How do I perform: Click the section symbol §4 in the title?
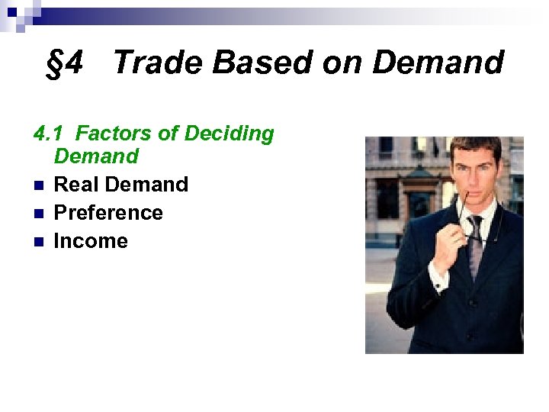(64, 63)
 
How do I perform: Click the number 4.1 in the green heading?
(49, 134)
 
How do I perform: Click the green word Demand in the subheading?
(96, 157)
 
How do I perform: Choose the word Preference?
(108, 213)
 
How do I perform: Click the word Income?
(91, 241)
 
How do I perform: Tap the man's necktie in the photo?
(476, 244)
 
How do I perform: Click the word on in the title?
(341, 63)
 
